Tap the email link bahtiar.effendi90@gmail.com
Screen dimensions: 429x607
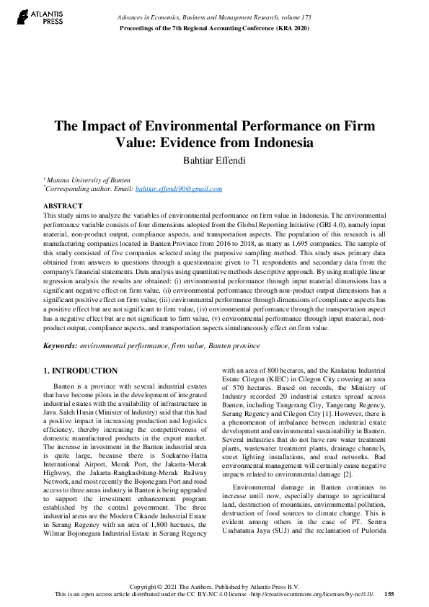(x=179, y=189)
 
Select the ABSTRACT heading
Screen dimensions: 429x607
(x=63, y=206)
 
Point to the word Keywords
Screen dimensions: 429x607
(x=61, y=346)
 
